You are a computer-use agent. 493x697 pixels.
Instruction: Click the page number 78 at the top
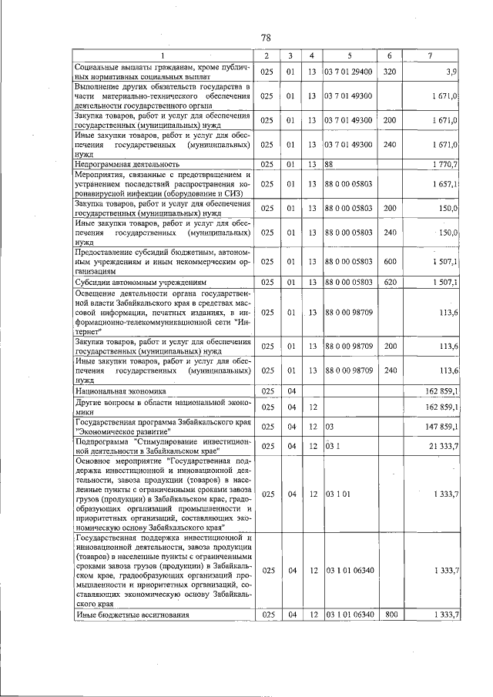click(265, 37)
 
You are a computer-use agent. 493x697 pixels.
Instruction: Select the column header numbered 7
click(430, 55)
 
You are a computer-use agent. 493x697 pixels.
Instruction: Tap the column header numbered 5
click(348, 55)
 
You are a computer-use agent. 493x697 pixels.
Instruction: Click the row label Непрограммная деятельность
click(127, 164)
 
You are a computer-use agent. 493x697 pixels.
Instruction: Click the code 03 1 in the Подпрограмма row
click(333, 447)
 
